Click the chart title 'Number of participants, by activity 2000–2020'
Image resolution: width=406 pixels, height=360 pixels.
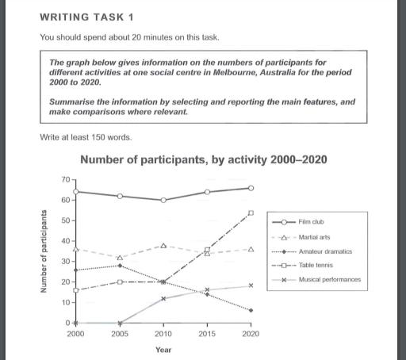204,160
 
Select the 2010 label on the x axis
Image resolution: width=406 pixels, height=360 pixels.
163,335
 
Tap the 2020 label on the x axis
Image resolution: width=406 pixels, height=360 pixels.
251,335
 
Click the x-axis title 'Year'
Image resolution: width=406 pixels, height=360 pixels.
163,350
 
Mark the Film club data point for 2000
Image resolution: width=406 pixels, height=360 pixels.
75,192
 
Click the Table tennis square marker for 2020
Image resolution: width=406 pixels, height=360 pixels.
251,213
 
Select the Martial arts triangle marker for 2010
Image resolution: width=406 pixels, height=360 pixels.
163,246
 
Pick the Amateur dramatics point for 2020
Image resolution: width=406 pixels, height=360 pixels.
251,311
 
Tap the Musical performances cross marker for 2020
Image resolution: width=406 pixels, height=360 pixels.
251,285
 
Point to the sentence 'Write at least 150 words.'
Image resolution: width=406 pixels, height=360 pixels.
86,137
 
